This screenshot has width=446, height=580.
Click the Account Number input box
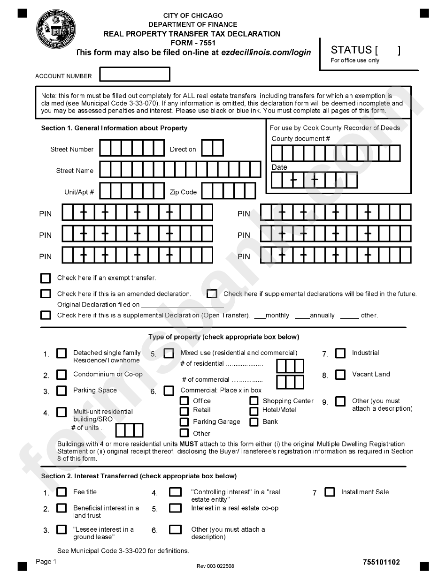click(x=135, y=75)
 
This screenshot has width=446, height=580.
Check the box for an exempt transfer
click(x=46, y=279)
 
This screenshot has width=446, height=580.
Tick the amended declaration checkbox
click(x=46, y=294)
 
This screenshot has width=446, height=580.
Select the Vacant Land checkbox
click(x=340, y=375)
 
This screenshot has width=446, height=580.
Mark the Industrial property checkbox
click(x=340, y=353)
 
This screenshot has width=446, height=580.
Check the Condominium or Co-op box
click(x=62, y=375)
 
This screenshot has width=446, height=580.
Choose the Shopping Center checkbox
click(x=254, y=401)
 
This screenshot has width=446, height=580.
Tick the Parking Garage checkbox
click(x=185, y=422)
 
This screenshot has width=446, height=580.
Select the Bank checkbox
click(x=254, y=422)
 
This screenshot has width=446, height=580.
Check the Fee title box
click(x=62, y=492)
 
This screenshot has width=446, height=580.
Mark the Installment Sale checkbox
click(x=330, y=492)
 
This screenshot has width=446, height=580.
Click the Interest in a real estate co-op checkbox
click(x=175, y=508)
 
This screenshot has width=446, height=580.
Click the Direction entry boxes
click(x=212, y=148)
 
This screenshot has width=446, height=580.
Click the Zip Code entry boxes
click(x=229, y=191)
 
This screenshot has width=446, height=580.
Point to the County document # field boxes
click(x=336, y=153)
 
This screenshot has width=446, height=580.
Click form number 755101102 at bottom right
click(x=381, y=562)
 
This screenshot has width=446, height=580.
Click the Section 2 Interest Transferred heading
click(x=139, y=476)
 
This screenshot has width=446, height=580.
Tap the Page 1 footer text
click(x=46, y=562)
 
